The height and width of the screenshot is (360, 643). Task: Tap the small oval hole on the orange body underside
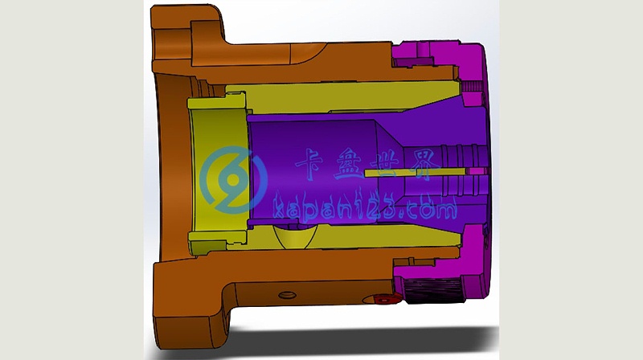click(x=287, y=295)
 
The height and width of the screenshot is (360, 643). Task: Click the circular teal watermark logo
click(x=233, y=179)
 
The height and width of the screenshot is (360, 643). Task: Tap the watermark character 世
click(x=387, y=163)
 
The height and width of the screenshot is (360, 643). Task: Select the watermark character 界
click(x=427, y=164)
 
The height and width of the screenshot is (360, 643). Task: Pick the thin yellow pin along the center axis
click(x=415, y=173)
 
